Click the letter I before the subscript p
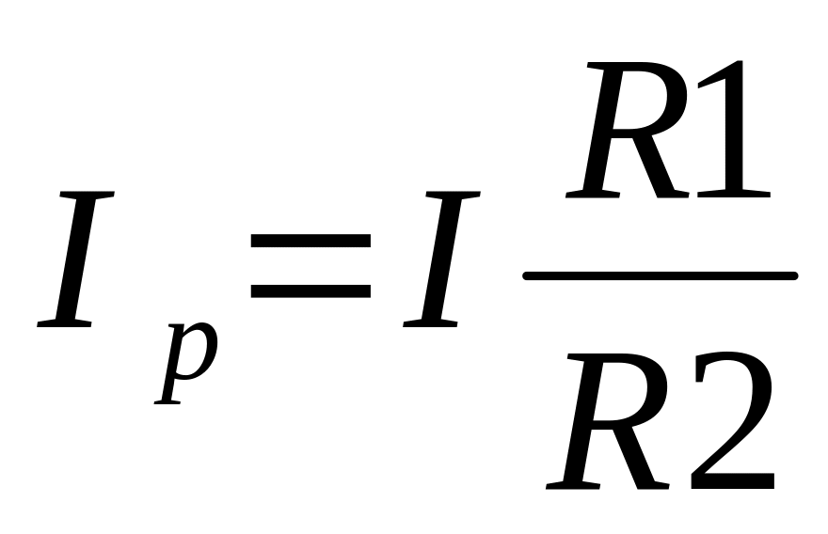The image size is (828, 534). (x=75, y=259)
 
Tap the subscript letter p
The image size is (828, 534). (x=186, y=363)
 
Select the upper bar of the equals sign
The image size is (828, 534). (x=310, y=241)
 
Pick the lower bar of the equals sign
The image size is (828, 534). (x=310, y=291)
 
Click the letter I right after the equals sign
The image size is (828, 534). (x=441, y=259)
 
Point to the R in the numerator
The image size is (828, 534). (x=628, y=130)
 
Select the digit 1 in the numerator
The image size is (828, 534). (x=734, y=130)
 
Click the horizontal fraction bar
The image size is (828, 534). (x=661, y=276)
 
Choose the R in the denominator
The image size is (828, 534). (x=609, y=421)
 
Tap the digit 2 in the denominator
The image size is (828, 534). (x=733, y=420)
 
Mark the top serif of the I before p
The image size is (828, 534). (x=88, y=195)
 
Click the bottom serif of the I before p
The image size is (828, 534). (x=64, y=323)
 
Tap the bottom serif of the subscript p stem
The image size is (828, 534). (x=167, y=402)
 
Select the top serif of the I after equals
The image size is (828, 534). (x=454, y=195)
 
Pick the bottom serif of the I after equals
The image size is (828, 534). (x=430, y=323)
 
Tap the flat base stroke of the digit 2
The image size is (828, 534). (x=733, y=481)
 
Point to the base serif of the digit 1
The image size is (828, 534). (x=734, y=195)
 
